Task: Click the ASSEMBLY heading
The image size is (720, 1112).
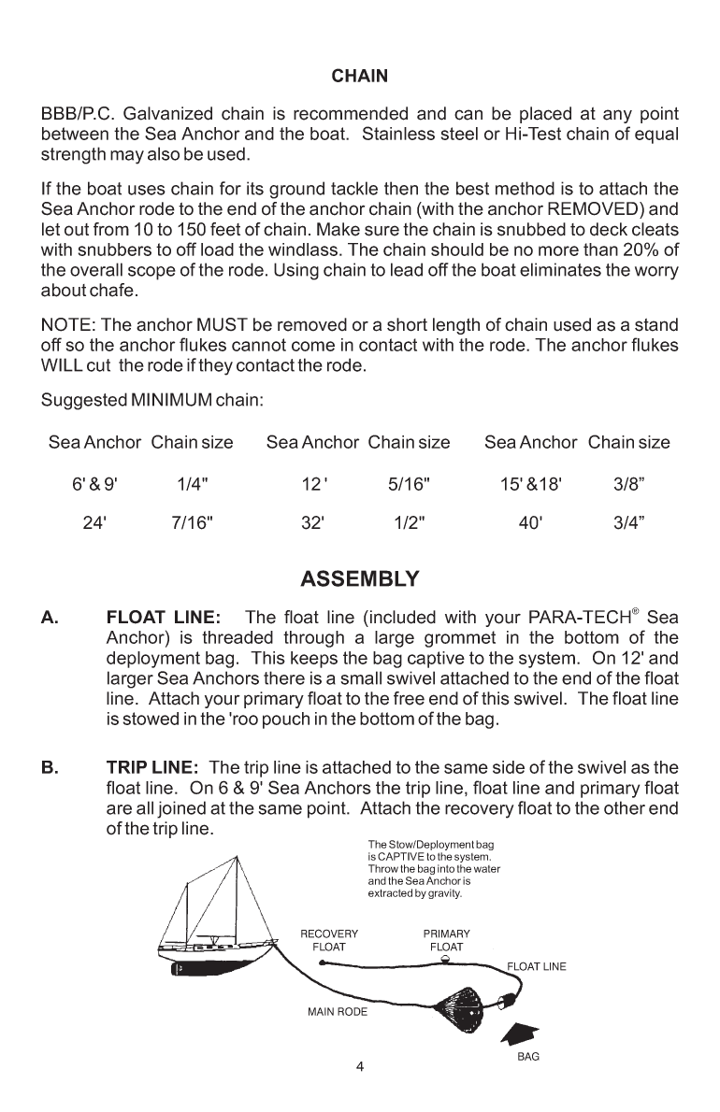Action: click(x=360, y=579)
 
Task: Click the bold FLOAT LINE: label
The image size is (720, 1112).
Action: click(x=164, y=618)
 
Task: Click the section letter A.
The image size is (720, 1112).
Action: click(x=50, y=618)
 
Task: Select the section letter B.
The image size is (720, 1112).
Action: click(x=50, y=768)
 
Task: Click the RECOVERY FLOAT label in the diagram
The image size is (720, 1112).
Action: click(x=328, y=940)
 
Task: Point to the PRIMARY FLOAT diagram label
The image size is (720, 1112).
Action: click(x=446, y=940)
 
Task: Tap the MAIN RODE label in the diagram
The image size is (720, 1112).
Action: click(x=338, y=1012)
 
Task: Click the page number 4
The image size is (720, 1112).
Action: click(x=360, y=1067)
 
